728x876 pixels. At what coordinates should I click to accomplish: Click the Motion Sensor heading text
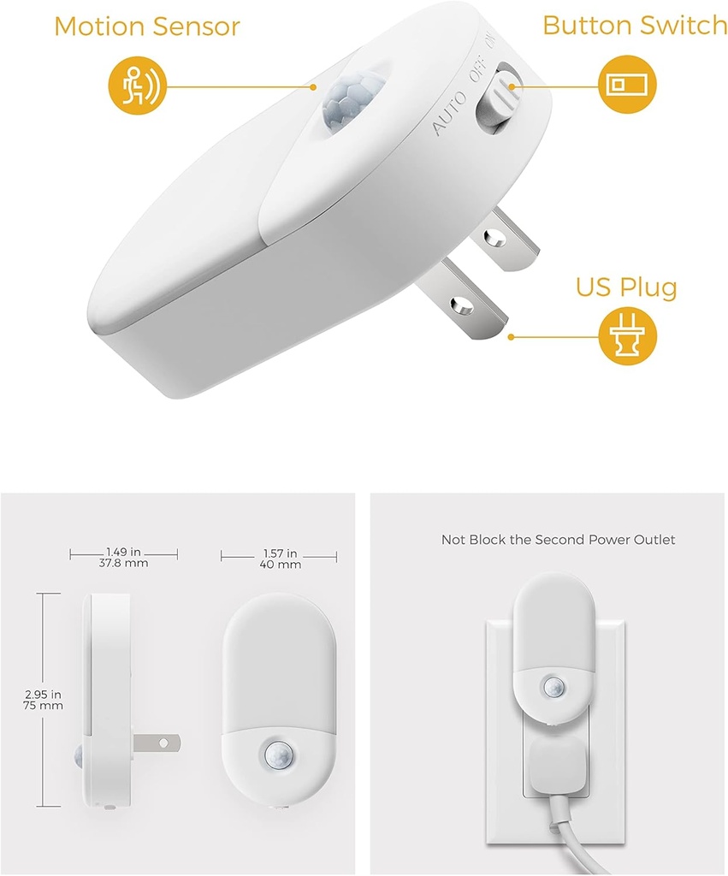point(148,26)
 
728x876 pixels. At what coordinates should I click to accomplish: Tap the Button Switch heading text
point(634,26)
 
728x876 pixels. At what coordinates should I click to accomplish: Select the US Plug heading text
point(626,287)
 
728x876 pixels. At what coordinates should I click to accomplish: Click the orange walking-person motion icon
point(137,86)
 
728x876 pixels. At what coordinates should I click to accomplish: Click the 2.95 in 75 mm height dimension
point(44,698)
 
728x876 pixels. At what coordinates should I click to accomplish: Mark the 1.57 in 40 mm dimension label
point(279,559)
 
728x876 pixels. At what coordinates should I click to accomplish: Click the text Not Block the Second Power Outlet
point(558,540)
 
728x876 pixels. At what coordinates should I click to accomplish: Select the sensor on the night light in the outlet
point(555,687)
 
